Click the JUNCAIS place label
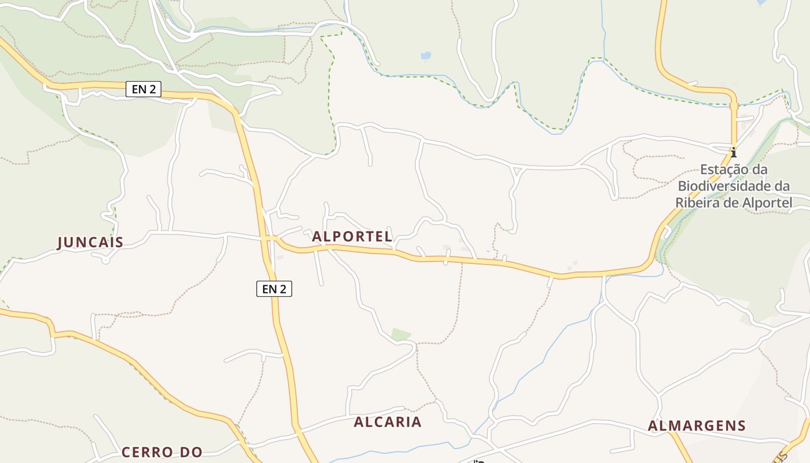click(90, 242)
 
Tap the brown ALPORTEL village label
click(352, 237)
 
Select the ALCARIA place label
click(388, 422)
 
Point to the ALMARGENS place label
click(697, 426)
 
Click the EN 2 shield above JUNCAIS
click(143, 89)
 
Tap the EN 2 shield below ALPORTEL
click(274, 288)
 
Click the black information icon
click(734, 153)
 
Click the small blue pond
click(426, 56)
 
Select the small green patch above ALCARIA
click(400, 335)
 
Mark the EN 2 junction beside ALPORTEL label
click(268, 238)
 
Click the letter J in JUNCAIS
click(60, 242)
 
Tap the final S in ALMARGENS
click(741, 426)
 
